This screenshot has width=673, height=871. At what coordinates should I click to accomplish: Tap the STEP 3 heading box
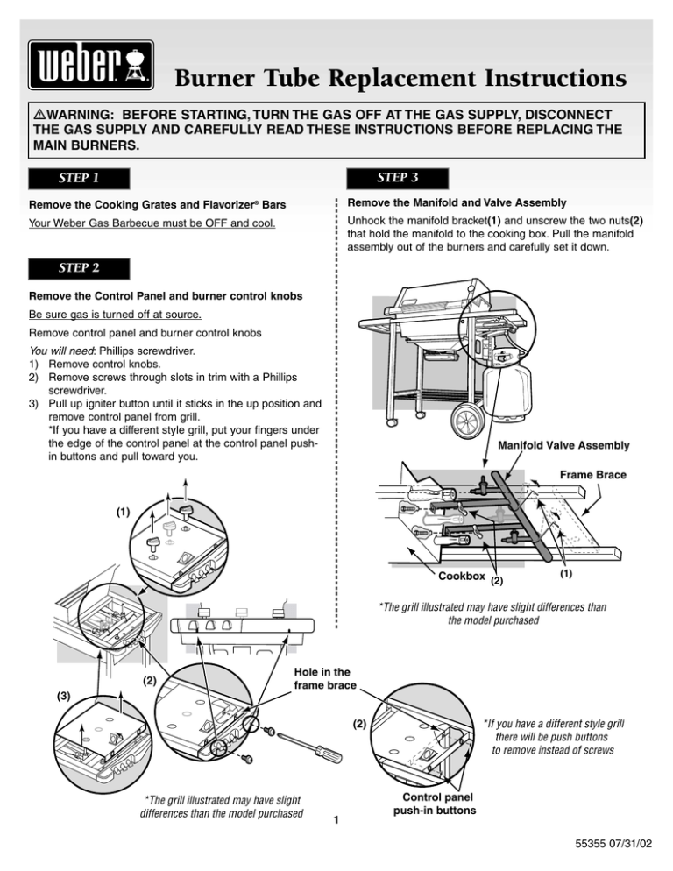click(396, 180)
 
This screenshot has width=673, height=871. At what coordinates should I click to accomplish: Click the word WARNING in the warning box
click(76, 116)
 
